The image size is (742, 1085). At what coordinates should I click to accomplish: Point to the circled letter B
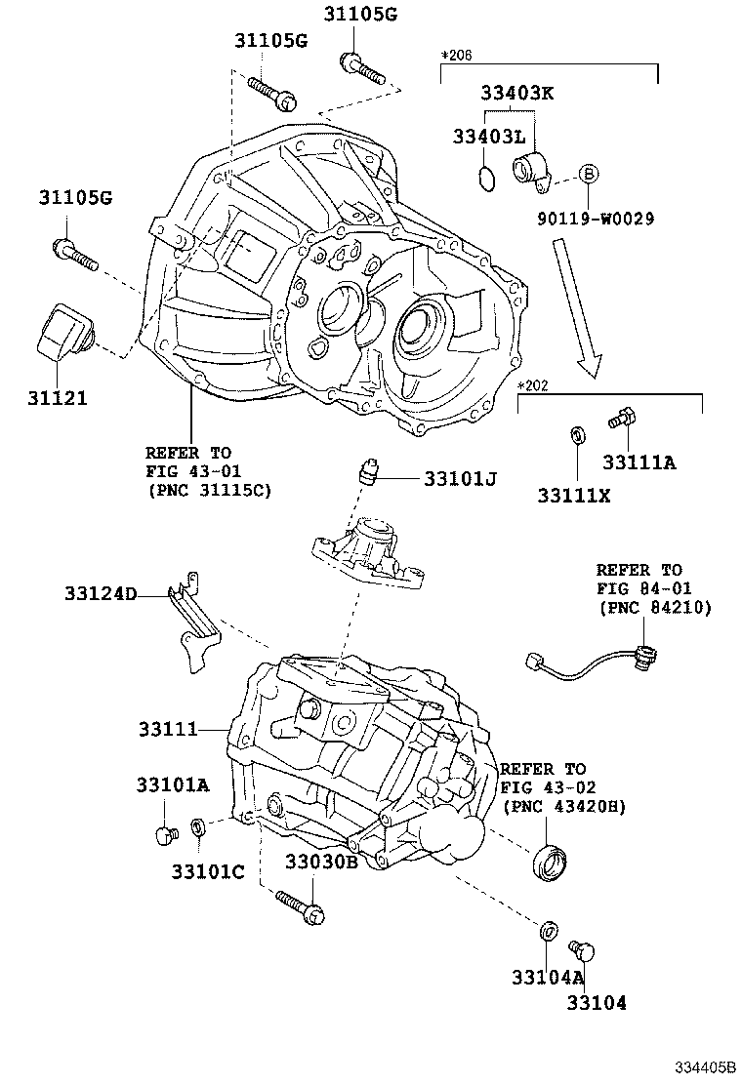click(589, 174)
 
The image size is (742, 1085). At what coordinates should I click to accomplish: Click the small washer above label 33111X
click(577, 432)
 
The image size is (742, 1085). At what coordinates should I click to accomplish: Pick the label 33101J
click(461, 479)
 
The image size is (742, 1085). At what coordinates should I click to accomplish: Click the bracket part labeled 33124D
click(196, 624)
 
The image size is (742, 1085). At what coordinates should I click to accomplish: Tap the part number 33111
click(168, 728)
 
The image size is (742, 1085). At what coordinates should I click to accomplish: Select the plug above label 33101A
click(165, 834)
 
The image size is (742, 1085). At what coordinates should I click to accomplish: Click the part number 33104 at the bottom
click(598, 1002)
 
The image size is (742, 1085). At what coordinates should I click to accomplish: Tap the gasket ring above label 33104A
click(550, 930)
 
